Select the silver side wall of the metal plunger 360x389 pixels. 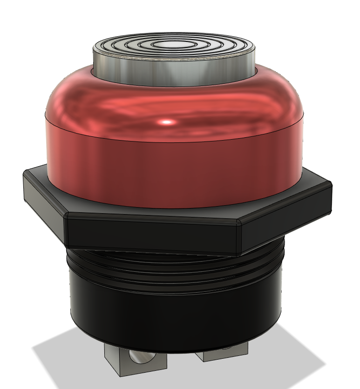click(x=140, y=70)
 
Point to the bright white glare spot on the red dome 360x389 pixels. click(x=167, y=122)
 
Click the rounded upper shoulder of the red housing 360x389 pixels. click(x=93, y=93)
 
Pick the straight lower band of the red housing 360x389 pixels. click(x=172, y=168)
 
